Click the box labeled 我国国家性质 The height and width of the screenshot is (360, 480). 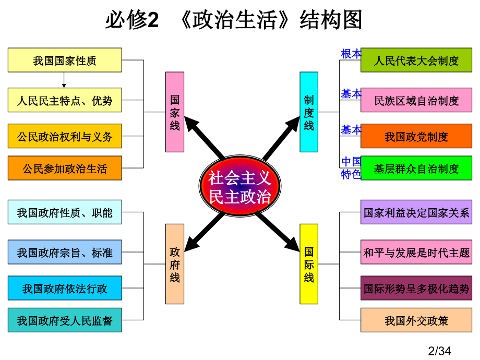tap(65, 60)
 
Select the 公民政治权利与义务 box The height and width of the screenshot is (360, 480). tap(65, 136)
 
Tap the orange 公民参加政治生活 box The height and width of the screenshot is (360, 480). tap(65, 168)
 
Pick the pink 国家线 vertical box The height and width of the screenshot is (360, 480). tap(175, 112)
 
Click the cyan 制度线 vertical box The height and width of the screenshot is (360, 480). tap(309, 112)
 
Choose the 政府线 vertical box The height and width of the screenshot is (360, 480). tap(175, 264)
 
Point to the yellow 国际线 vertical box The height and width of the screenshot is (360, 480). tap(309, 264)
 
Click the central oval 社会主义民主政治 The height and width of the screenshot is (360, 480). tap(240, 186)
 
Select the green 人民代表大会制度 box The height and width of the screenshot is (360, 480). tap(416, 60)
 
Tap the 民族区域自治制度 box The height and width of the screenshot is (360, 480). tap(416, 100)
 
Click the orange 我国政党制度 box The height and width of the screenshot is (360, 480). tap(416, 136)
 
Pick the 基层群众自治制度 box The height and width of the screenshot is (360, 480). tap(416, 168)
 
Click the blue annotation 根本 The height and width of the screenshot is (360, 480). tap(351, 54)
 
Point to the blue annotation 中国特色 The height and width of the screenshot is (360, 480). tap(351, 168)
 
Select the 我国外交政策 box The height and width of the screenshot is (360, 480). tap(416, 320)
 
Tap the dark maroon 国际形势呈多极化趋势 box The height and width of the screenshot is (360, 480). tap(416, 288)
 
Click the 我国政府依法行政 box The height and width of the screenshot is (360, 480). tap(65, 288)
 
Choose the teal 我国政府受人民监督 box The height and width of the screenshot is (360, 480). tap(65, 320)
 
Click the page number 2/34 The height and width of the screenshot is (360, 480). tap(439, 351)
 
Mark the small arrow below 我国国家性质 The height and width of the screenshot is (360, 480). tap(64, 80)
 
